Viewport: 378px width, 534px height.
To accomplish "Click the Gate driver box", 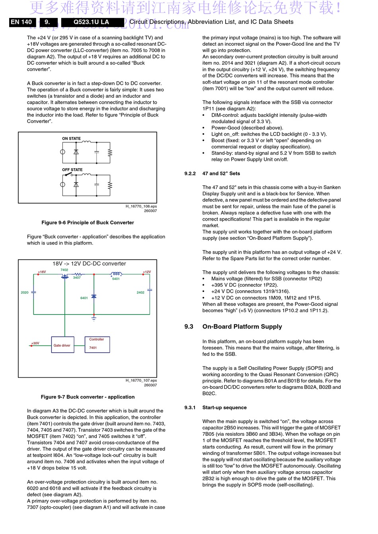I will pyautogui.click(x=62, y=345).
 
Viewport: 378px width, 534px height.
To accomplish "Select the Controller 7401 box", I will pyautogui.click(x=97, y=344).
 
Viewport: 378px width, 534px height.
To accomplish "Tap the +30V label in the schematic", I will pyautogui.click(x=35, y=343).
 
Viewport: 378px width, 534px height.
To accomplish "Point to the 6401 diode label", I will pyautogui.click(x=84, y=298).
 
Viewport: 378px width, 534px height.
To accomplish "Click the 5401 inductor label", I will pyautogui.click(x=116, y=279).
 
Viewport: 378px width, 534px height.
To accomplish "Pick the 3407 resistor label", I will pyautogui.click(x=77, y=278).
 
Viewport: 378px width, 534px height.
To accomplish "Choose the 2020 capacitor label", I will pyautogui.click(x=25, y=292).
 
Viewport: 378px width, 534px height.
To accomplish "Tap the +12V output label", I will pyautogui.click(x=147, y=272).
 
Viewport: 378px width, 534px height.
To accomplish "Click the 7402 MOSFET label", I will pyautogui.click(x=64, y=270).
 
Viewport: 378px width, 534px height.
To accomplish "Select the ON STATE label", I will pyautogui.click(x=71, y=139).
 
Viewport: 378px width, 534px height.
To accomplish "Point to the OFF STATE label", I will pyautogui.click(x=72, y=170).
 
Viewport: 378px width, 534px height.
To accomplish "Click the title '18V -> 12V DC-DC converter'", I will pyautogui.click(x=89, y=264).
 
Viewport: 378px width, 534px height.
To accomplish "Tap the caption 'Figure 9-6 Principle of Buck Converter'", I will pyautogui.click(x=88, y=223).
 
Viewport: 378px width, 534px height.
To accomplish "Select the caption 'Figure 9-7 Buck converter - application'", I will pyautogui.click(x=88, y=397).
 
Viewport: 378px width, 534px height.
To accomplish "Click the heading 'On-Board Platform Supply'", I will pyautogui.click(x=242, y=326).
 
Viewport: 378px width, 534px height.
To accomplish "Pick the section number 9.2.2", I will pyautogui.click(x=190, y=173).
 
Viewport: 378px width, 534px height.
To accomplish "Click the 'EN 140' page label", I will pyautogui.click(x=21, y=22).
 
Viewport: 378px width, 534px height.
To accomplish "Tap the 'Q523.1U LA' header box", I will pyautogui.click(x=91, y=22).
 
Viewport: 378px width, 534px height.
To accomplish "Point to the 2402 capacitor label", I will pyautogui.click(x=140, y=292).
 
